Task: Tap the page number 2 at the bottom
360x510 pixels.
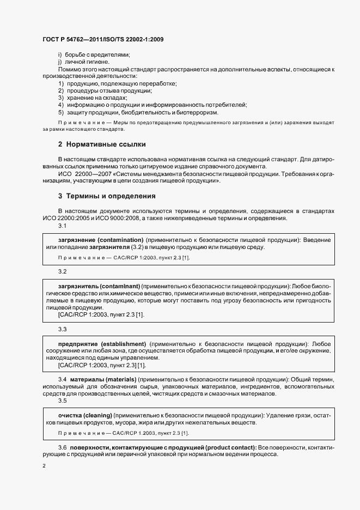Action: click(x=44, y=466)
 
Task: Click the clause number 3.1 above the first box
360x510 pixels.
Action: click(x=62, y=226)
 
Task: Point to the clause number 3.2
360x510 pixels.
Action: click(x=62, y=271)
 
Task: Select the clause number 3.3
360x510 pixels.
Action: click(x=62, y=329)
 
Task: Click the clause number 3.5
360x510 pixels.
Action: click(x=62, y=400)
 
